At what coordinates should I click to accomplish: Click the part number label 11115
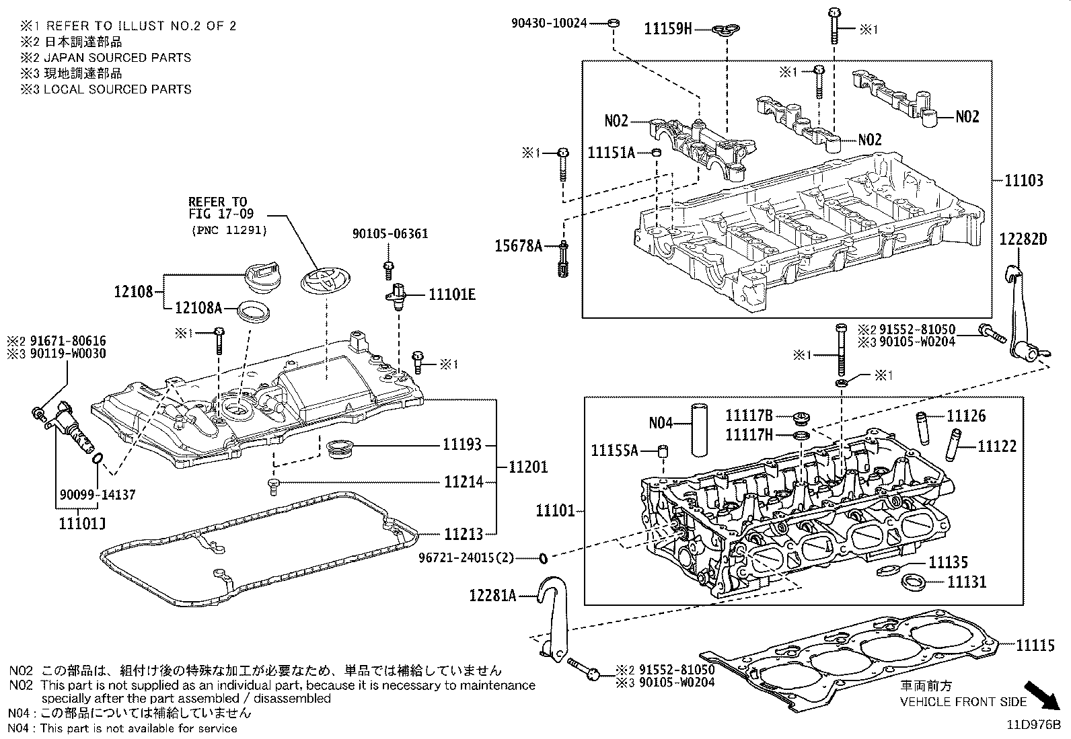pos(1035,646)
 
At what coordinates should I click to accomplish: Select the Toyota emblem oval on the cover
pos(322,280)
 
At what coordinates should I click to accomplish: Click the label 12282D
pos(1023,239)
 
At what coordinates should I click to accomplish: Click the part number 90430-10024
pos(548,24)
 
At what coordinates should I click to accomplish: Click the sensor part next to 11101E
pos(397,295)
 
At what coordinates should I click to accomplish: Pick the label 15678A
pos(518,246)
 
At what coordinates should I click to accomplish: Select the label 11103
pos(1024,180)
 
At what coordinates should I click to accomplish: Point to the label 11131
pos(967,582)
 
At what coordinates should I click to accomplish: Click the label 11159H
pos(667,28)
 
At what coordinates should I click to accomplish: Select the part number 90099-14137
pos(98,495)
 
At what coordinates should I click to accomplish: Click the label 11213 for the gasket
pos(463,535)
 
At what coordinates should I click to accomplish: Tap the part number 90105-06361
pos(390,234)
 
